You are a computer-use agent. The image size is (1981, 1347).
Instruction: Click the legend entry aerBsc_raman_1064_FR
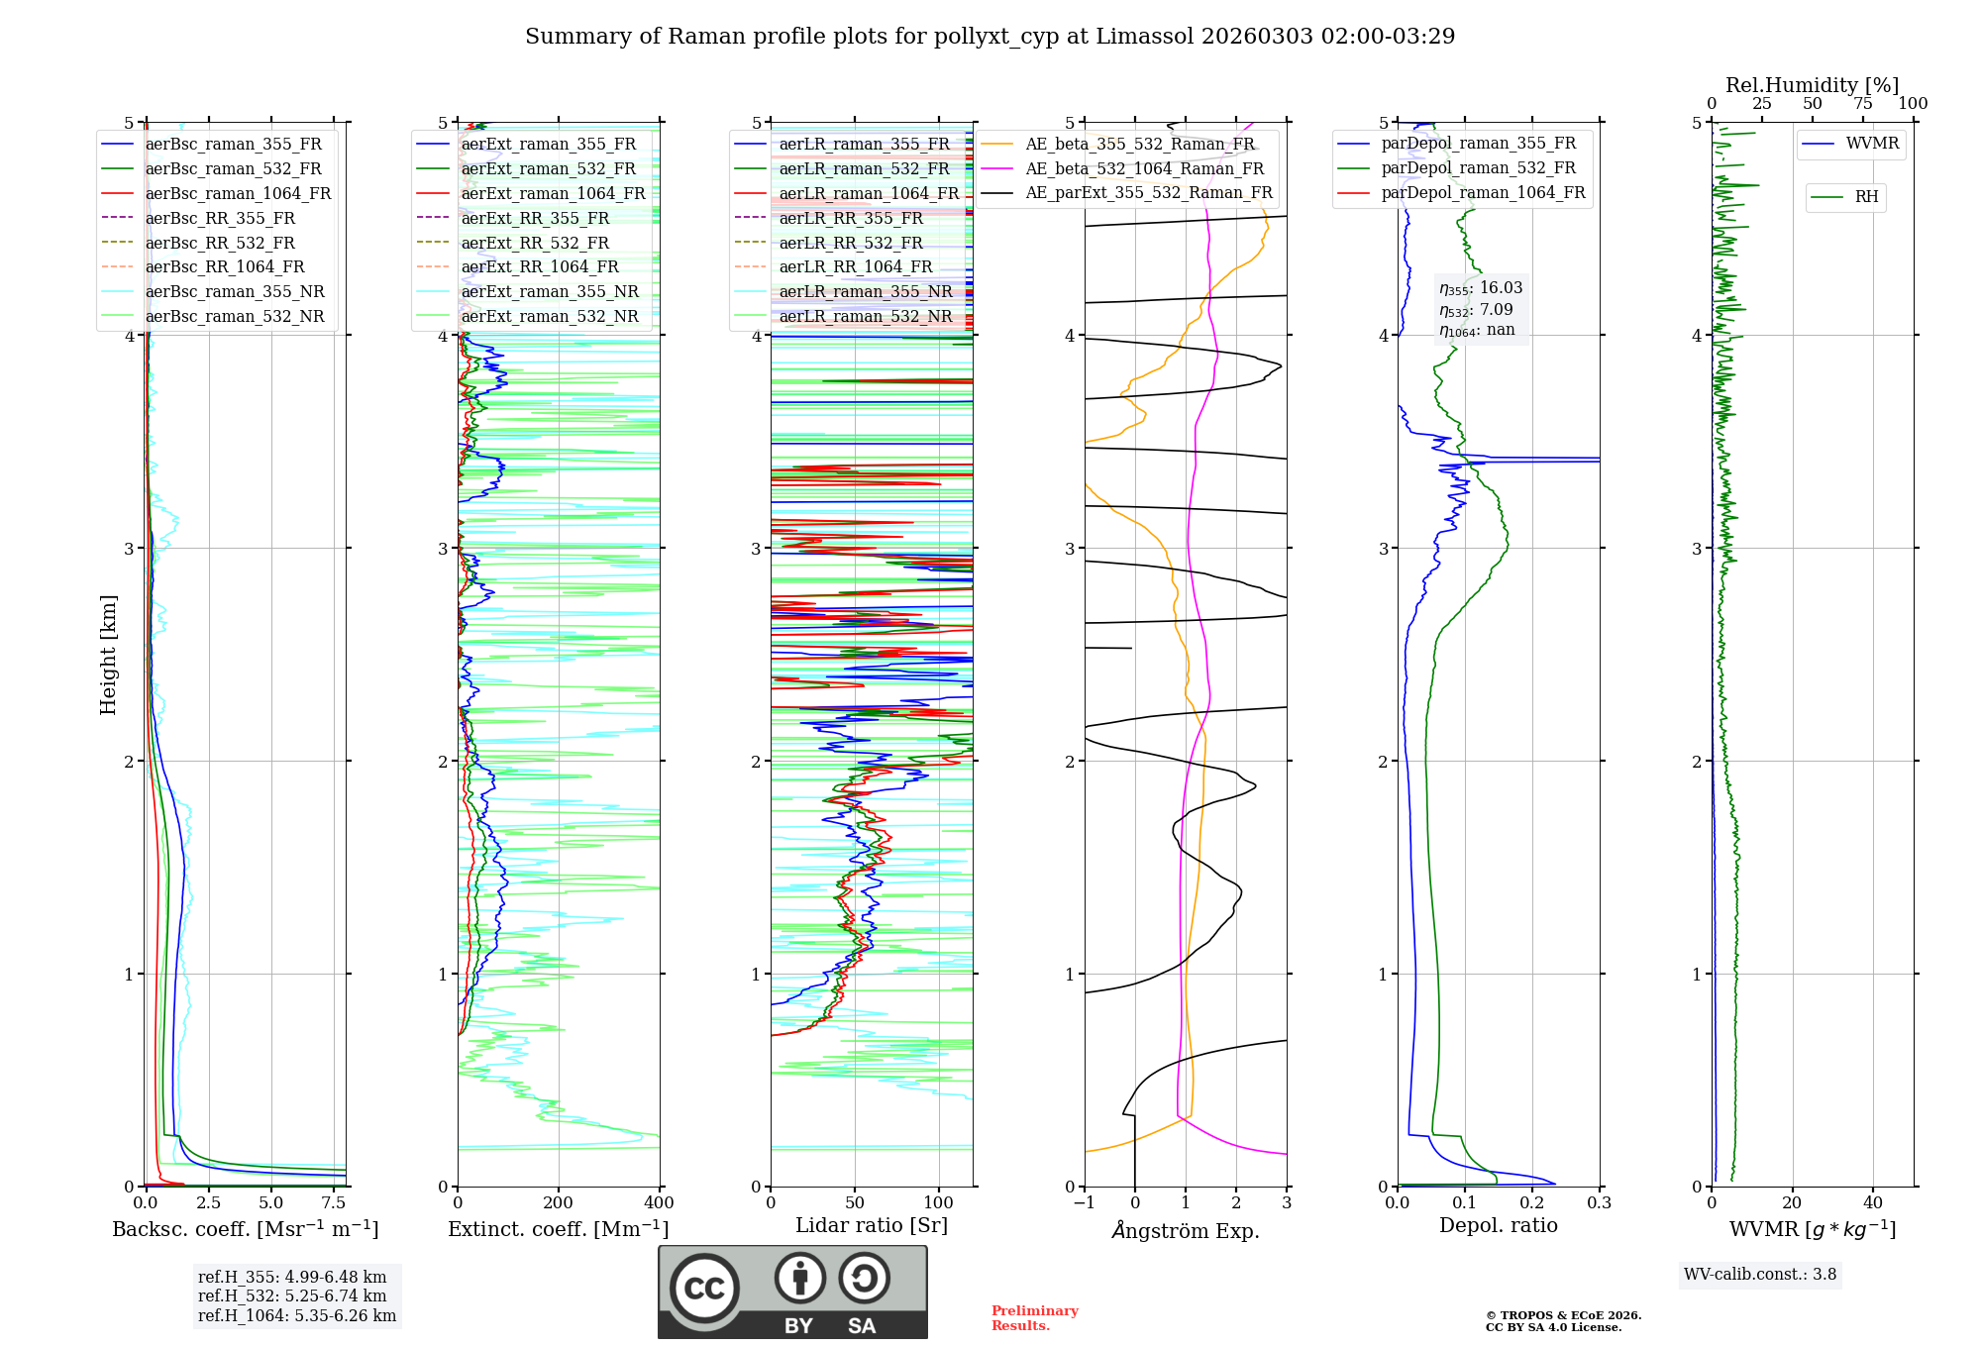(238, 193)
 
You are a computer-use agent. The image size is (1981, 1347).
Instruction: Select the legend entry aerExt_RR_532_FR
(535, 243)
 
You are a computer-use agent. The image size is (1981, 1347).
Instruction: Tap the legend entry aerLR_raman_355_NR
(865, 291)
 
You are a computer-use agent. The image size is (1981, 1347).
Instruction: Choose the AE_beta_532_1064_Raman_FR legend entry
(1144, 168)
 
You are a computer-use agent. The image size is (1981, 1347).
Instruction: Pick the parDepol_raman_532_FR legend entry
(1478, 168)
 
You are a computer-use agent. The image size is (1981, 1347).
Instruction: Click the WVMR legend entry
(1872, 144)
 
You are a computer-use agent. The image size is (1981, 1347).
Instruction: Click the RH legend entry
(1866, 197)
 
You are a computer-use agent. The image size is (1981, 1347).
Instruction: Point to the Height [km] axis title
(108, 655)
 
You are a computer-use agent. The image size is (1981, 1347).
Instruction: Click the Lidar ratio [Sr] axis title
(872, 1225)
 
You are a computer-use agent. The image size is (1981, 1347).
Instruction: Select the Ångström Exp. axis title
(1186, 1230)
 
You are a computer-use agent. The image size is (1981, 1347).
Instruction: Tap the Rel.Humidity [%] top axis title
(1812, 85)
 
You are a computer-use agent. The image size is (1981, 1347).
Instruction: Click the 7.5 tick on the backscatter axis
(334, 1203)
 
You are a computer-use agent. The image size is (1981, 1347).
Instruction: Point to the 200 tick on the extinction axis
(559, 1203)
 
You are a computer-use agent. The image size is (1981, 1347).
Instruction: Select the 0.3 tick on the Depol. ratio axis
(1600, 1203)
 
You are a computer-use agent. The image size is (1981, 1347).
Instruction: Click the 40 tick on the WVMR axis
(1873, 1203)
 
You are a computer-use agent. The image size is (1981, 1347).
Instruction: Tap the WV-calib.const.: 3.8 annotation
(1760, 1275)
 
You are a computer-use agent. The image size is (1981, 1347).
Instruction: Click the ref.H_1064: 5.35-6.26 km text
(297, 1316)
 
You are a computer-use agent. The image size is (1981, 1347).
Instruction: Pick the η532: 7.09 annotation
(1476, 310)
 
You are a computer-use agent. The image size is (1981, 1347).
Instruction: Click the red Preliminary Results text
(1034, 1318)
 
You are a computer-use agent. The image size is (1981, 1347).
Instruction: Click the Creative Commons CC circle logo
(704, 1288)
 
